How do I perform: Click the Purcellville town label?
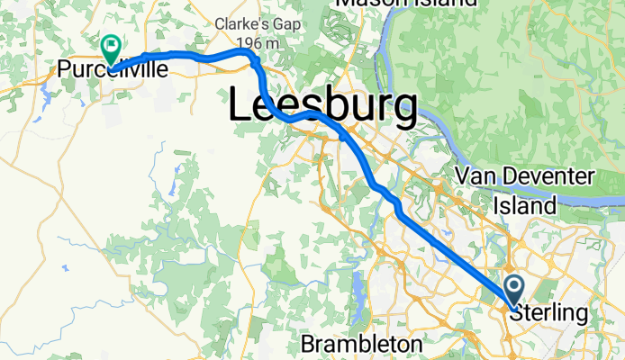pos(112,69)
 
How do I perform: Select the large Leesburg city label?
pos(322,105)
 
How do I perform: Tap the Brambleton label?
pos(360,345)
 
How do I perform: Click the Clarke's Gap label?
pos(249,24)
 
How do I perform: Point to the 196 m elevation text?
pos(249,42)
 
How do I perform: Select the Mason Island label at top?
pos(405,3)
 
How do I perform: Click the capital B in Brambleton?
pos(307,345)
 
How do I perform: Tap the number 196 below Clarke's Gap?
pos(240,42)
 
